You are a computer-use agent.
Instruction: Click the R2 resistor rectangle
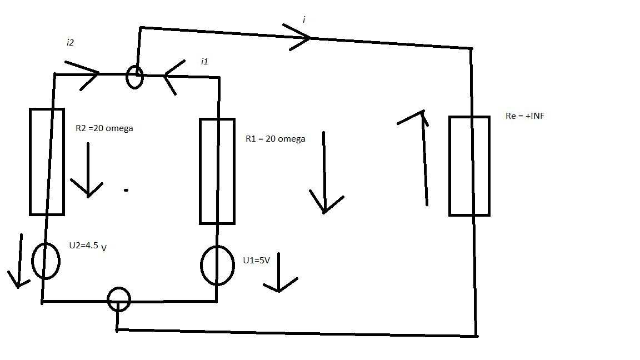click(x=47, y=162)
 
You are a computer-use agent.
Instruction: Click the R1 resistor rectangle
click(x=217, y=171)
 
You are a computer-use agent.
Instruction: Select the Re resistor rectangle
click(x=469, y=166)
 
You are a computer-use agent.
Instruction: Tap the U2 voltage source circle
click(x=46, y=261)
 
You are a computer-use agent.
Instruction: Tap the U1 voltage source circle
click(x=217, y=266)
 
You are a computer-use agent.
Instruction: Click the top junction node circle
click(x=134, y=77)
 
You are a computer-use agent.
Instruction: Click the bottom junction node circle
click(x=118, y=299)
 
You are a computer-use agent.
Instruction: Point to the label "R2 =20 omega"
click(x=104, y=128)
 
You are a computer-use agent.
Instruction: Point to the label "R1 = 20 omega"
click(x=276, y=139)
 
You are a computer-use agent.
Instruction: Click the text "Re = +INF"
click(x=525, y=117)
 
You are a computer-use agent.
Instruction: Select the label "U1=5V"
click(x=257, y=260)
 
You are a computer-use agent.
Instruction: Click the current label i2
click(x=70, y=43)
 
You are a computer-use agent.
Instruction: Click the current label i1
click(x=204, y=62)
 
